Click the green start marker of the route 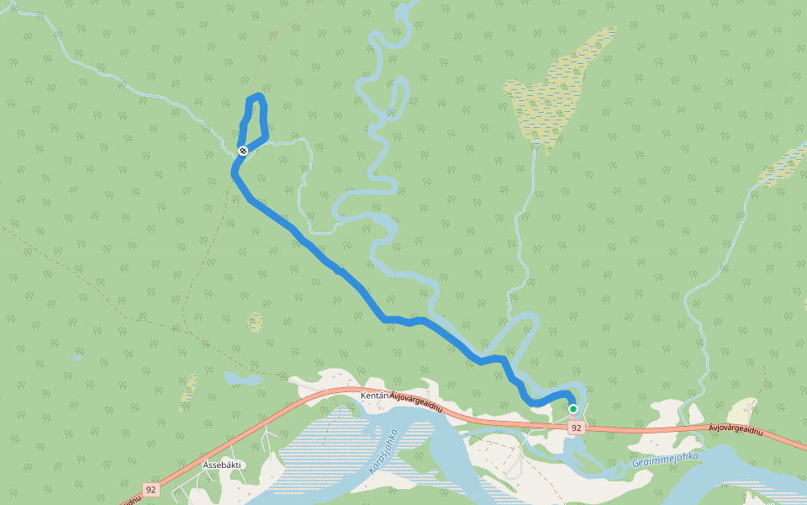(573, 409)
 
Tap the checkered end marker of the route (243, 151)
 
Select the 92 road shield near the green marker (576, 428)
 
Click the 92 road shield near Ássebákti (150, 489)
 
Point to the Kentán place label (374, 396)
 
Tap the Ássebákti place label (222, 465)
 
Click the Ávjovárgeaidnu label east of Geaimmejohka (735, 431)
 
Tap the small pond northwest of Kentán (243, 379)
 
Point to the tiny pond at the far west (77, 358)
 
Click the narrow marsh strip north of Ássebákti (190, 391)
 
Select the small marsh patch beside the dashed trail (255, 322)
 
